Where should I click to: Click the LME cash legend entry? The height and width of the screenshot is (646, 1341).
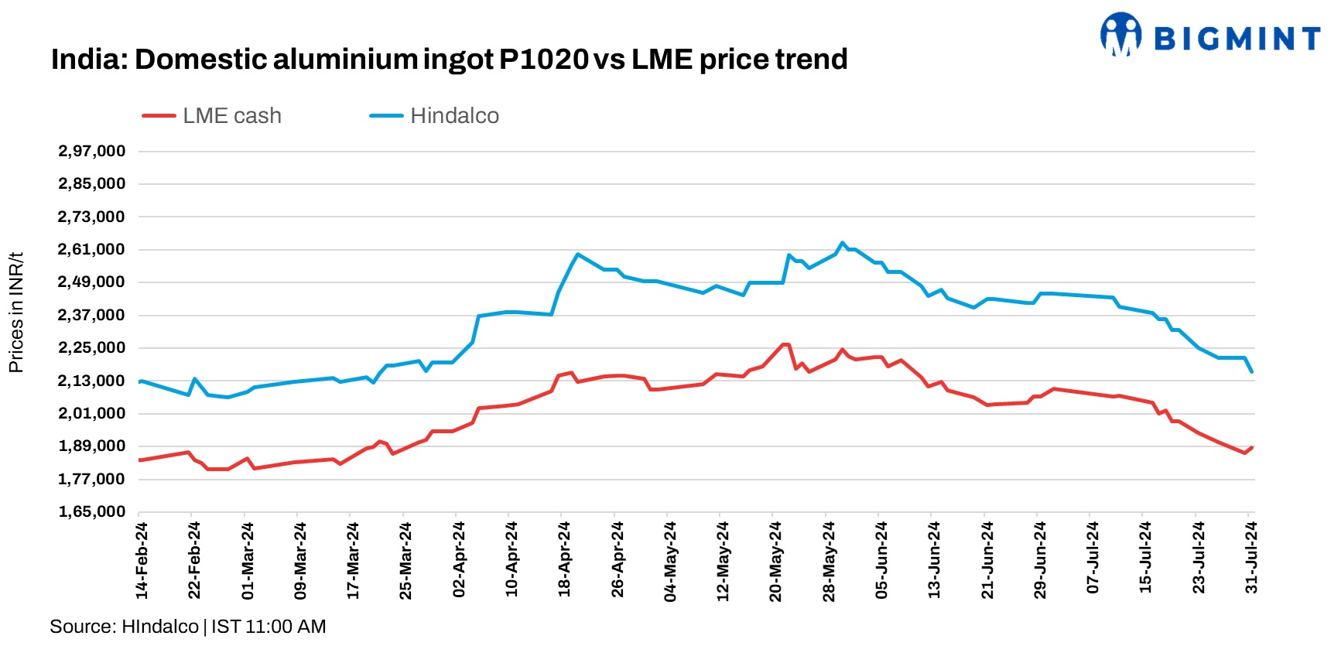[x=212, y=116]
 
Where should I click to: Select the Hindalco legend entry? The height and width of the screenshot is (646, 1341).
[x=435, y=116]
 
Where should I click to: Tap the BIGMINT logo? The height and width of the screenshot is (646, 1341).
[x=1210, y=36]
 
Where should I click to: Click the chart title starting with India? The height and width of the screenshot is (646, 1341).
[x=449, y=60]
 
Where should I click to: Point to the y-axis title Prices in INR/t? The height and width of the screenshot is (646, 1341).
[x=16, y=313]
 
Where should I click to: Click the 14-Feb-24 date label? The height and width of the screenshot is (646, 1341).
[x=142, y=560]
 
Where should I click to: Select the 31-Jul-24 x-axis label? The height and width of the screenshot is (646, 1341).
[x=1251, y=558]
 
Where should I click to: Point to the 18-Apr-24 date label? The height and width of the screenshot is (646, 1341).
[x=564, y=559]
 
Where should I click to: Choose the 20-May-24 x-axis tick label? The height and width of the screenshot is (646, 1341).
[x=775, y=561]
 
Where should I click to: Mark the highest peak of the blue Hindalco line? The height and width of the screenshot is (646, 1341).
[x=843, y=242]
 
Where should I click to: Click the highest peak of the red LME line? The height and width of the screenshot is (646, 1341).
[x=785, y=344]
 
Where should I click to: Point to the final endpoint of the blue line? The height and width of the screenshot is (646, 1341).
[x=1251, y=372]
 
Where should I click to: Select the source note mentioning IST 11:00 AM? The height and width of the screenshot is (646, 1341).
[x=188, y=627]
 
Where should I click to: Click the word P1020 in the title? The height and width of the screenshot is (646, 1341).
[x=543, y=60]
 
